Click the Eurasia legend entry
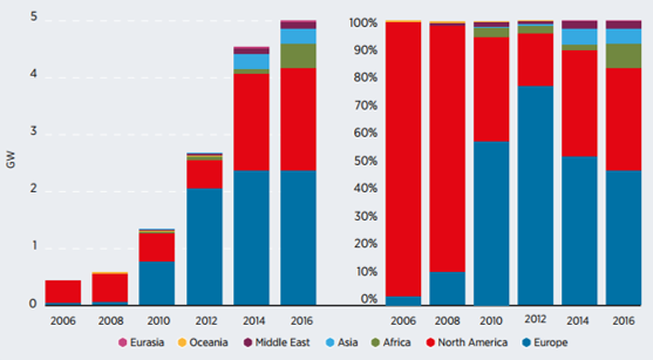[141, 342]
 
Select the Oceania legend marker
[182, 342]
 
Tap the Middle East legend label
[282, 342]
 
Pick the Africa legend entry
[391, 342]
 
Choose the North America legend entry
[467, 342]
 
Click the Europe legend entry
[545, 342]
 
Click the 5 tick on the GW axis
[33, 16]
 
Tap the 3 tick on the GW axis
[33, 131]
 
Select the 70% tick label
[366, 105]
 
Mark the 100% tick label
[363, 23]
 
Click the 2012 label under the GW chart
[206, 321]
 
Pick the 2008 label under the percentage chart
[447, 321]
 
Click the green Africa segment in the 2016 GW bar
[298, 56]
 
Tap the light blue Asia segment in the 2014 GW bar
[251, 62]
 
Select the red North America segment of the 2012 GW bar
[204, 174]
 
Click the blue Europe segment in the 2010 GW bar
[157, 283]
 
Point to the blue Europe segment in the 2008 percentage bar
[447, 288]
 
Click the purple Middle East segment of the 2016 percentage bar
[623, 24]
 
